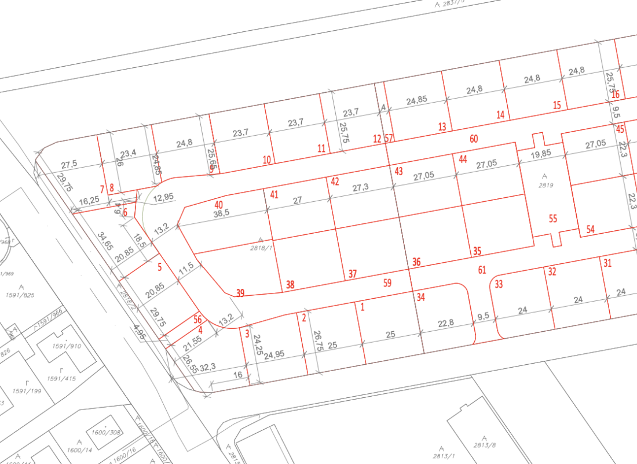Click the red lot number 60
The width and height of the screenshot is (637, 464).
pyautogui.click(x=474, y=139)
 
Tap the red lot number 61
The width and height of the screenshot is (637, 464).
pyautogui.click(x=482, y=269)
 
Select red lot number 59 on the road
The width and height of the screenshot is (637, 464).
pyautogui.click(x=387, y=284)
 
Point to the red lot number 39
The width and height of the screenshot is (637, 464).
pyautogui.click(x=240, y=293)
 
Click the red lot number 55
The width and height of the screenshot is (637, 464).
pyautogui.click(x=553, y=219)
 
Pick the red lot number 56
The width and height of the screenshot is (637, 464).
pyautogui.click(x=197, y=320)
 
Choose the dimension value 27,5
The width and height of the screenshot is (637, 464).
pyautogui.click(x=69, y=164)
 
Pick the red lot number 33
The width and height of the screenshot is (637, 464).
pyautogui.click(x=499, y=284)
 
